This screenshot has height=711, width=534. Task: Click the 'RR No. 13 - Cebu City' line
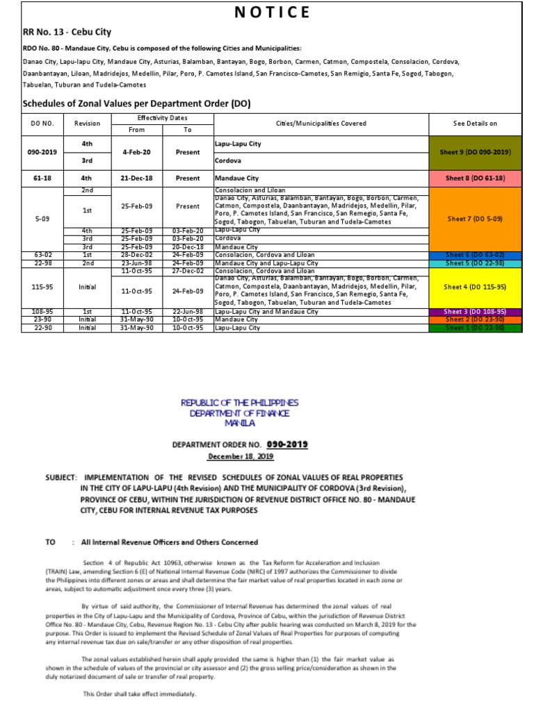click(67, 32)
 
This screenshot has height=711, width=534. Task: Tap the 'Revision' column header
click(87, 124)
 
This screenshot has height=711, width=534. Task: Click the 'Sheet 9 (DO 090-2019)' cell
click(475, 151)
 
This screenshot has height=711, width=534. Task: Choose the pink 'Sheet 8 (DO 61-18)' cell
click(475, 178)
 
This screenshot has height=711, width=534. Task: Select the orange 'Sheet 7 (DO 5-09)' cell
click(475, 219)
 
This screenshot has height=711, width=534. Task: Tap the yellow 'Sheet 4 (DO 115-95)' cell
click(475, 286)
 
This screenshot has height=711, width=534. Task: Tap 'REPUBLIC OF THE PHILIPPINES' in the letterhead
click(238, 403)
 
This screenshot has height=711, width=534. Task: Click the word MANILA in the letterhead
click(238, 422)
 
